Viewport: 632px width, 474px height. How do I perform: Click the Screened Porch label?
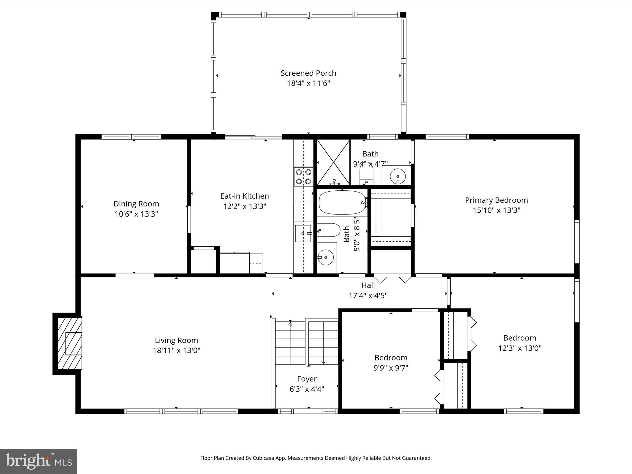[x=308, y=73]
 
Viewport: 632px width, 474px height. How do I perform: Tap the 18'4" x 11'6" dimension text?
[x=308, y=83]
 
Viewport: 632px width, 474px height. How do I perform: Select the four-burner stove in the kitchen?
[x=303, y=177]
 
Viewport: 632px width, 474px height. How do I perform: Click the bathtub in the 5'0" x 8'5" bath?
[x=342, y=202]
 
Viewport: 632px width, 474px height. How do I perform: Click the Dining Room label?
[x=136, y=204]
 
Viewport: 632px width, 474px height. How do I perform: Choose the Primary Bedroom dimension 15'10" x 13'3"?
[x=496, y=210]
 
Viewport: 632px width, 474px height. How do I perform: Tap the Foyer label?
[x=307, y=379]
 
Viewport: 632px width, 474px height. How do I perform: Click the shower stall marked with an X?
[x=333, y=162]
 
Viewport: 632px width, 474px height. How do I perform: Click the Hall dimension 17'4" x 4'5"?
[x=368, y=296]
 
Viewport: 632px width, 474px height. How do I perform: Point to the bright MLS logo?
[x=39, y=461]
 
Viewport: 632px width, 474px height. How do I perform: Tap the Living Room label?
[x=176, y=340]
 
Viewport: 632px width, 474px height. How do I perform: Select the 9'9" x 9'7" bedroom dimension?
[x=391, y=368]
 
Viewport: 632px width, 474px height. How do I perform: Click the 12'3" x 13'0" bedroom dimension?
[x=520, y=348]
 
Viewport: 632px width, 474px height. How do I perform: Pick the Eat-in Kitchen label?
[x=244, y=196]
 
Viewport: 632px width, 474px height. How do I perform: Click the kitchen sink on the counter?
[x=303, y=233]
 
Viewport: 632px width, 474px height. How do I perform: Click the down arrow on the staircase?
[x=323, y=362]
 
